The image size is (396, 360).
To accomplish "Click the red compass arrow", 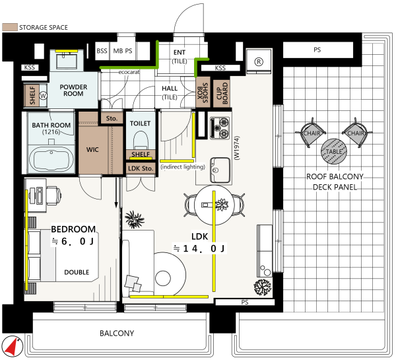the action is pos(12,345).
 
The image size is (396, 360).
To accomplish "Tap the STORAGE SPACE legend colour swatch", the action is pos(10,27).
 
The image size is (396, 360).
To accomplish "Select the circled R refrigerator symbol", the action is pos(259,61).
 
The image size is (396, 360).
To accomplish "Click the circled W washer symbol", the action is pos(43,96).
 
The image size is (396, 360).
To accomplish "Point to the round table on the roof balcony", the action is pos(333,151).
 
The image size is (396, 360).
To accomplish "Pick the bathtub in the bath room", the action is pos(51,159).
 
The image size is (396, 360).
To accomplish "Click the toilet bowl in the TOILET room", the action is pos(141,140).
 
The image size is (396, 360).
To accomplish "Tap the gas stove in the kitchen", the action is pos(220,128).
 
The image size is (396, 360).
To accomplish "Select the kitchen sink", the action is pos(220,170).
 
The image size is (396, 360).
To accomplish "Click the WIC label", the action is pos(92,150).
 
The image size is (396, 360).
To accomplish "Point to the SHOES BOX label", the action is pos(203,92).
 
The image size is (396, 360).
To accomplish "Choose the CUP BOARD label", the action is pos(222,93).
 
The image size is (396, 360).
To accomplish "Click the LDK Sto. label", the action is pos(141,168).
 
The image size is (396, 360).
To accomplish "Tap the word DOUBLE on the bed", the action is pos(77,272).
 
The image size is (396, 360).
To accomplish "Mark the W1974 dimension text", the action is pos(237,148).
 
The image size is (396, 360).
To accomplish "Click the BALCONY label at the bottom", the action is pos(117,333).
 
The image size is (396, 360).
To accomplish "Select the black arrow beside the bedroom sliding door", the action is pos(116,193).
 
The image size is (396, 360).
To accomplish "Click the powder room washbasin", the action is pos(67,61).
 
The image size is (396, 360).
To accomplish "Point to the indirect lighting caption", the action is pos(183,167).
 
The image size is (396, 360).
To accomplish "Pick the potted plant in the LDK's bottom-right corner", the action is pos(263,287).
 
